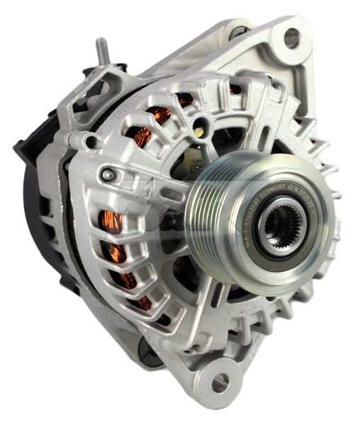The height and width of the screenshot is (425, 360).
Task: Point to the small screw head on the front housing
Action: click(x=107, y=174)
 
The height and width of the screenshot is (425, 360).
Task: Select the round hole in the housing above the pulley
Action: click(x=202, y=130)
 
